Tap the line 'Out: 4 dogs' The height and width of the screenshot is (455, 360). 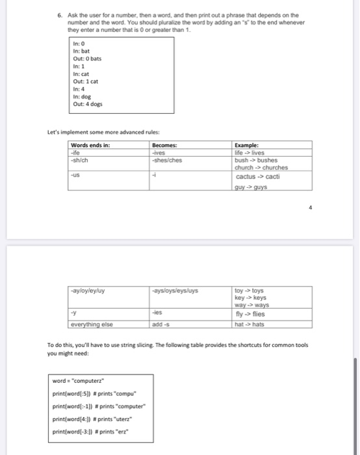88,103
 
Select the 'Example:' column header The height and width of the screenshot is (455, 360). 247,145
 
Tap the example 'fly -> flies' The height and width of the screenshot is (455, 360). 250,313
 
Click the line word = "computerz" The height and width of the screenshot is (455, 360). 81,382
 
